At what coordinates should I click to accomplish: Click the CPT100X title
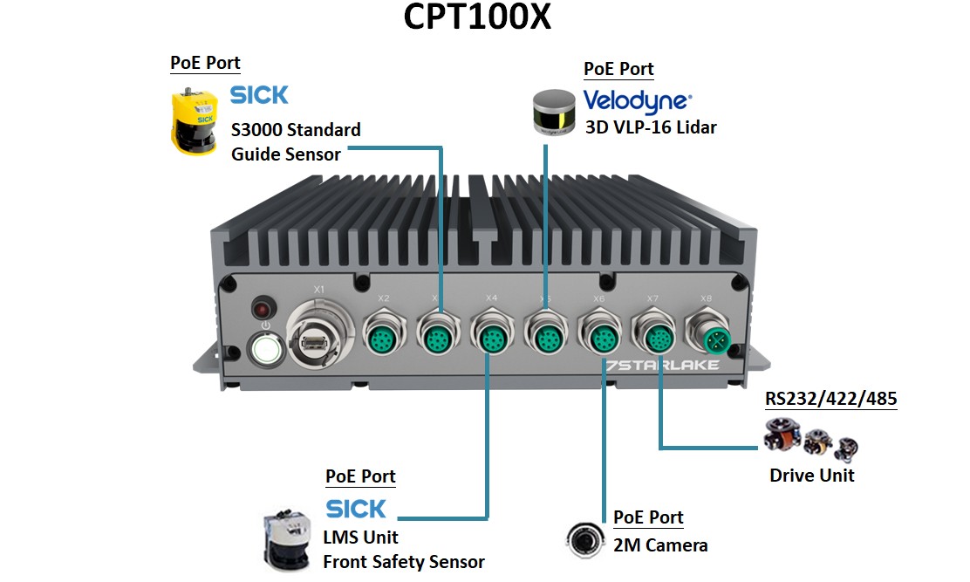coord(477,18)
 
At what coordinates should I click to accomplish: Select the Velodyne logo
coord(637,101)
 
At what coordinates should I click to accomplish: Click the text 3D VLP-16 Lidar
coord(651,127)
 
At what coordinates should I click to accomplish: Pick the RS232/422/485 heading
coord(830,400)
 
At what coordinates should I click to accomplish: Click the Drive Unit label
coord(811,476)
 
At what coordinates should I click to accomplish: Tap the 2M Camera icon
coord(584,537)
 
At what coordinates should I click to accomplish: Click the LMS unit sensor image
coord(289,540)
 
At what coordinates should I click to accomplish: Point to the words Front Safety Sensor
coord(403,562)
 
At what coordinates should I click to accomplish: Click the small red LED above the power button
coord(261,308)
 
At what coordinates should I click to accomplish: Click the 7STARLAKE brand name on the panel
coord(663,365)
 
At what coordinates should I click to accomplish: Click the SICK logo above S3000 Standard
coord(259,95)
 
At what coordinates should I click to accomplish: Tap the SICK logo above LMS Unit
coord(356,508)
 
